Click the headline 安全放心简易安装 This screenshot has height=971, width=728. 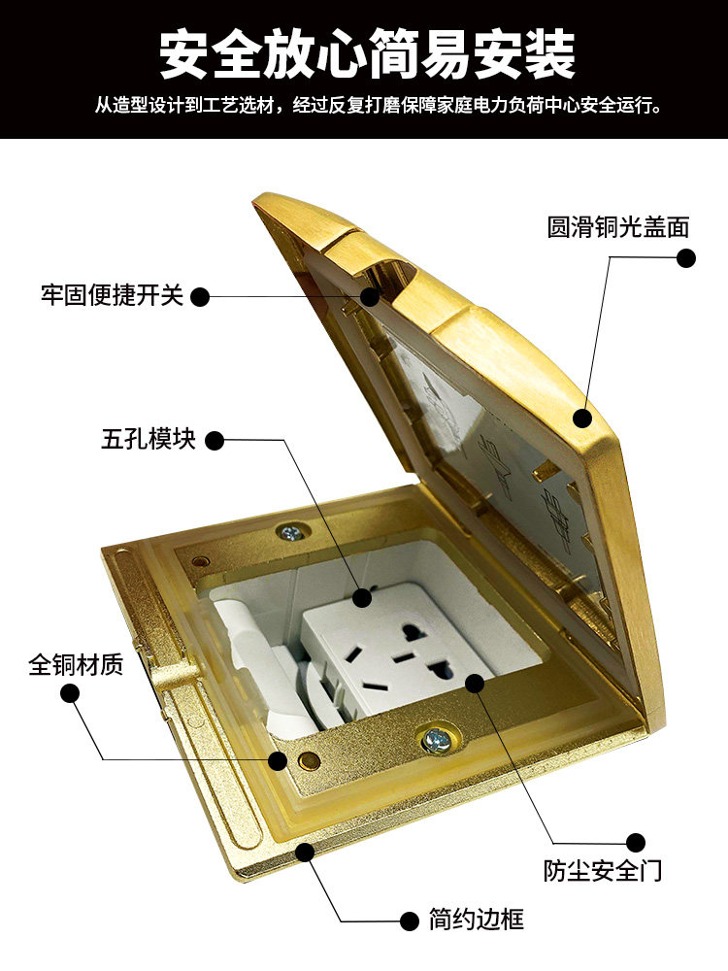368,55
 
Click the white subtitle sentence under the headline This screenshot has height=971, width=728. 379,106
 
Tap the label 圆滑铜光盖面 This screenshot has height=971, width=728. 617,227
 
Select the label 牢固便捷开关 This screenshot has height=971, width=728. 113,295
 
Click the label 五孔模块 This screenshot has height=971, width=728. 149,439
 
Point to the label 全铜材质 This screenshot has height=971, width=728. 76,664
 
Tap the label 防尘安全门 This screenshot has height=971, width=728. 603,870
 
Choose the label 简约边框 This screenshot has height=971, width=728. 477,919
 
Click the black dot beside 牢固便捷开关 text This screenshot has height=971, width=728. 199,296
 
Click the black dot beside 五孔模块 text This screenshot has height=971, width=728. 215,441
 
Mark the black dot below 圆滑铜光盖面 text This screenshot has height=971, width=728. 685,257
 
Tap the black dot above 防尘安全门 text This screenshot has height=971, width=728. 635,842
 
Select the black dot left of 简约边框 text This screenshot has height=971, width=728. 409,921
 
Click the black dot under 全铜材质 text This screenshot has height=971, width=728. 71,693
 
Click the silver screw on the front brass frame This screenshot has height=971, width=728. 433,739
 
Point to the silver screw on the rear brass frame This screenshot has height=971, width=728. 289,532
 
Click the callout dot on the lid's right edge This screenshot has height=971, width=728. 581,418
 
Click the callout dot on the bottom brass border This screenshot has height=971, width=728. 305,853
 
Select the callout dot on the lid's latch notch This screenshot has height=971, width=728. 370,296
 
